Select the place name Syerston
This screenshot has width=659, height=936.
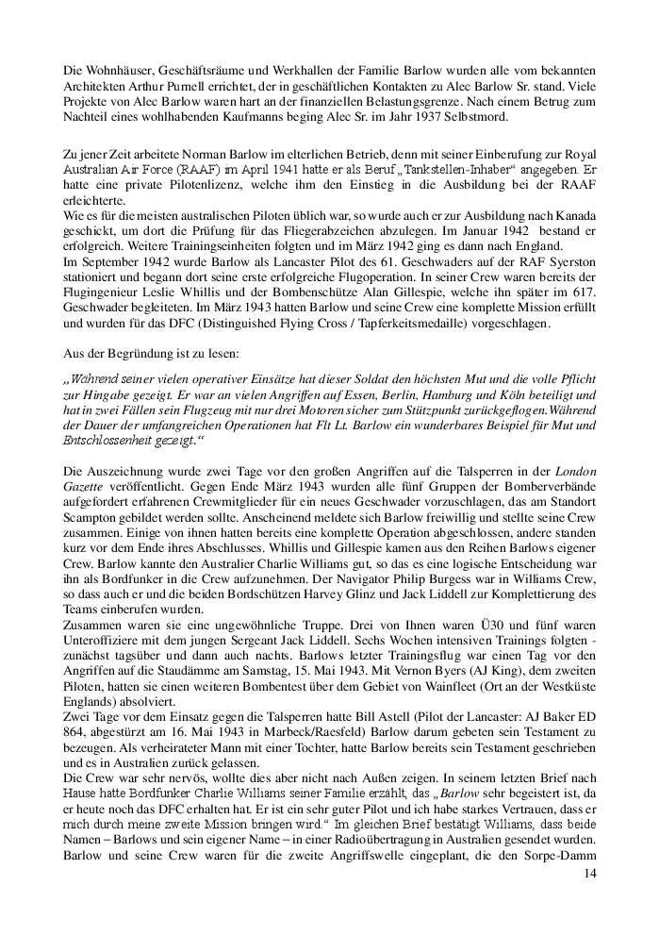tap(568, 260)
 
